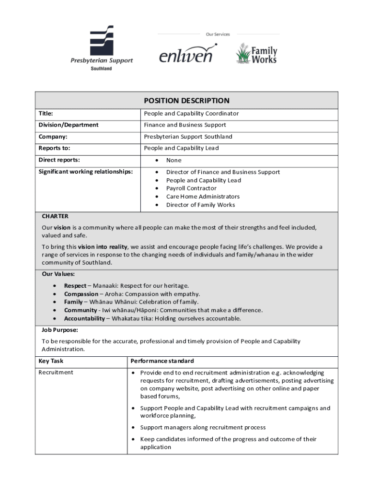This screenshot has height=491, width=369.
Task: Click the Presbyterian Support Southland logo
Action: point(102,47)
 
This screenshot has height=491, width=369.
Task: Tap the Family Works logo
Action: point(256,54)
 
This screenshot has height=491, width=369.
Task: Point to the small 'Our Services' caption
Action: point(218,35)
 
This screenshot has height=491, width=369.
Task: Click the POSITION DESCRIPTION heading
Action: point(186,101)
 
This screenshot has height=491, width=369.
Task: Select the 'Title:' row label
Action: point(46,114)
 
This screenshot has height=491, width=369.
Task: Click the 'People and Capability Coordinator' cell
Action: point(191,114)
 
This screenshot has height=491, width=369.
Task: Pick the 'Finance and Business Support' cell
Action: point(185,125)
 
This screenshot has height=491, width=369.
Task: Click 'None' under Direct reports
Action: point(173,160)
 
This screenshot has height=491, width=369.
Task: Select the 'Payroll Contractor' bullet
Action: point(191,188)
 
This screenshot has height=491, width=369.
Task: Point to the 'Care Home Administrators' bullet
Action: point(203,197)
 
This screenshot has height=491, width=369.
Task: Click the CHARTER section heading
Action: point(55,216)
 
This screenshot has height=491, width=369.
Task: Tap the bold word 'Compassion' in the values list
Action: point(81,294)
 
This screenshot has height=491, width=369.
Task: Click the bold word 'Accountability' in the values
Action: point(84,318)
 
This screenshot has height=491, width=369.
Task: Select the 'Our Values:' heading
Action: point(58,274)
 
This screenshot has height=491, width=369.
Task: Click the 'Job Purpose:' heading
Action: point(60,330)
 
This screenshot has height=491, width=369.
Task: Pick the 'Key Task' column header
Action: point(51,361)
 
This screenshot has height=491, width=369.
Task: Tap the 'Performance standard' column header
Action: point(162,361)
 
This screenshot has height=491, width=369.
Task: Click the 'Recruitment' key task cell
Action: point(56,373)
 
